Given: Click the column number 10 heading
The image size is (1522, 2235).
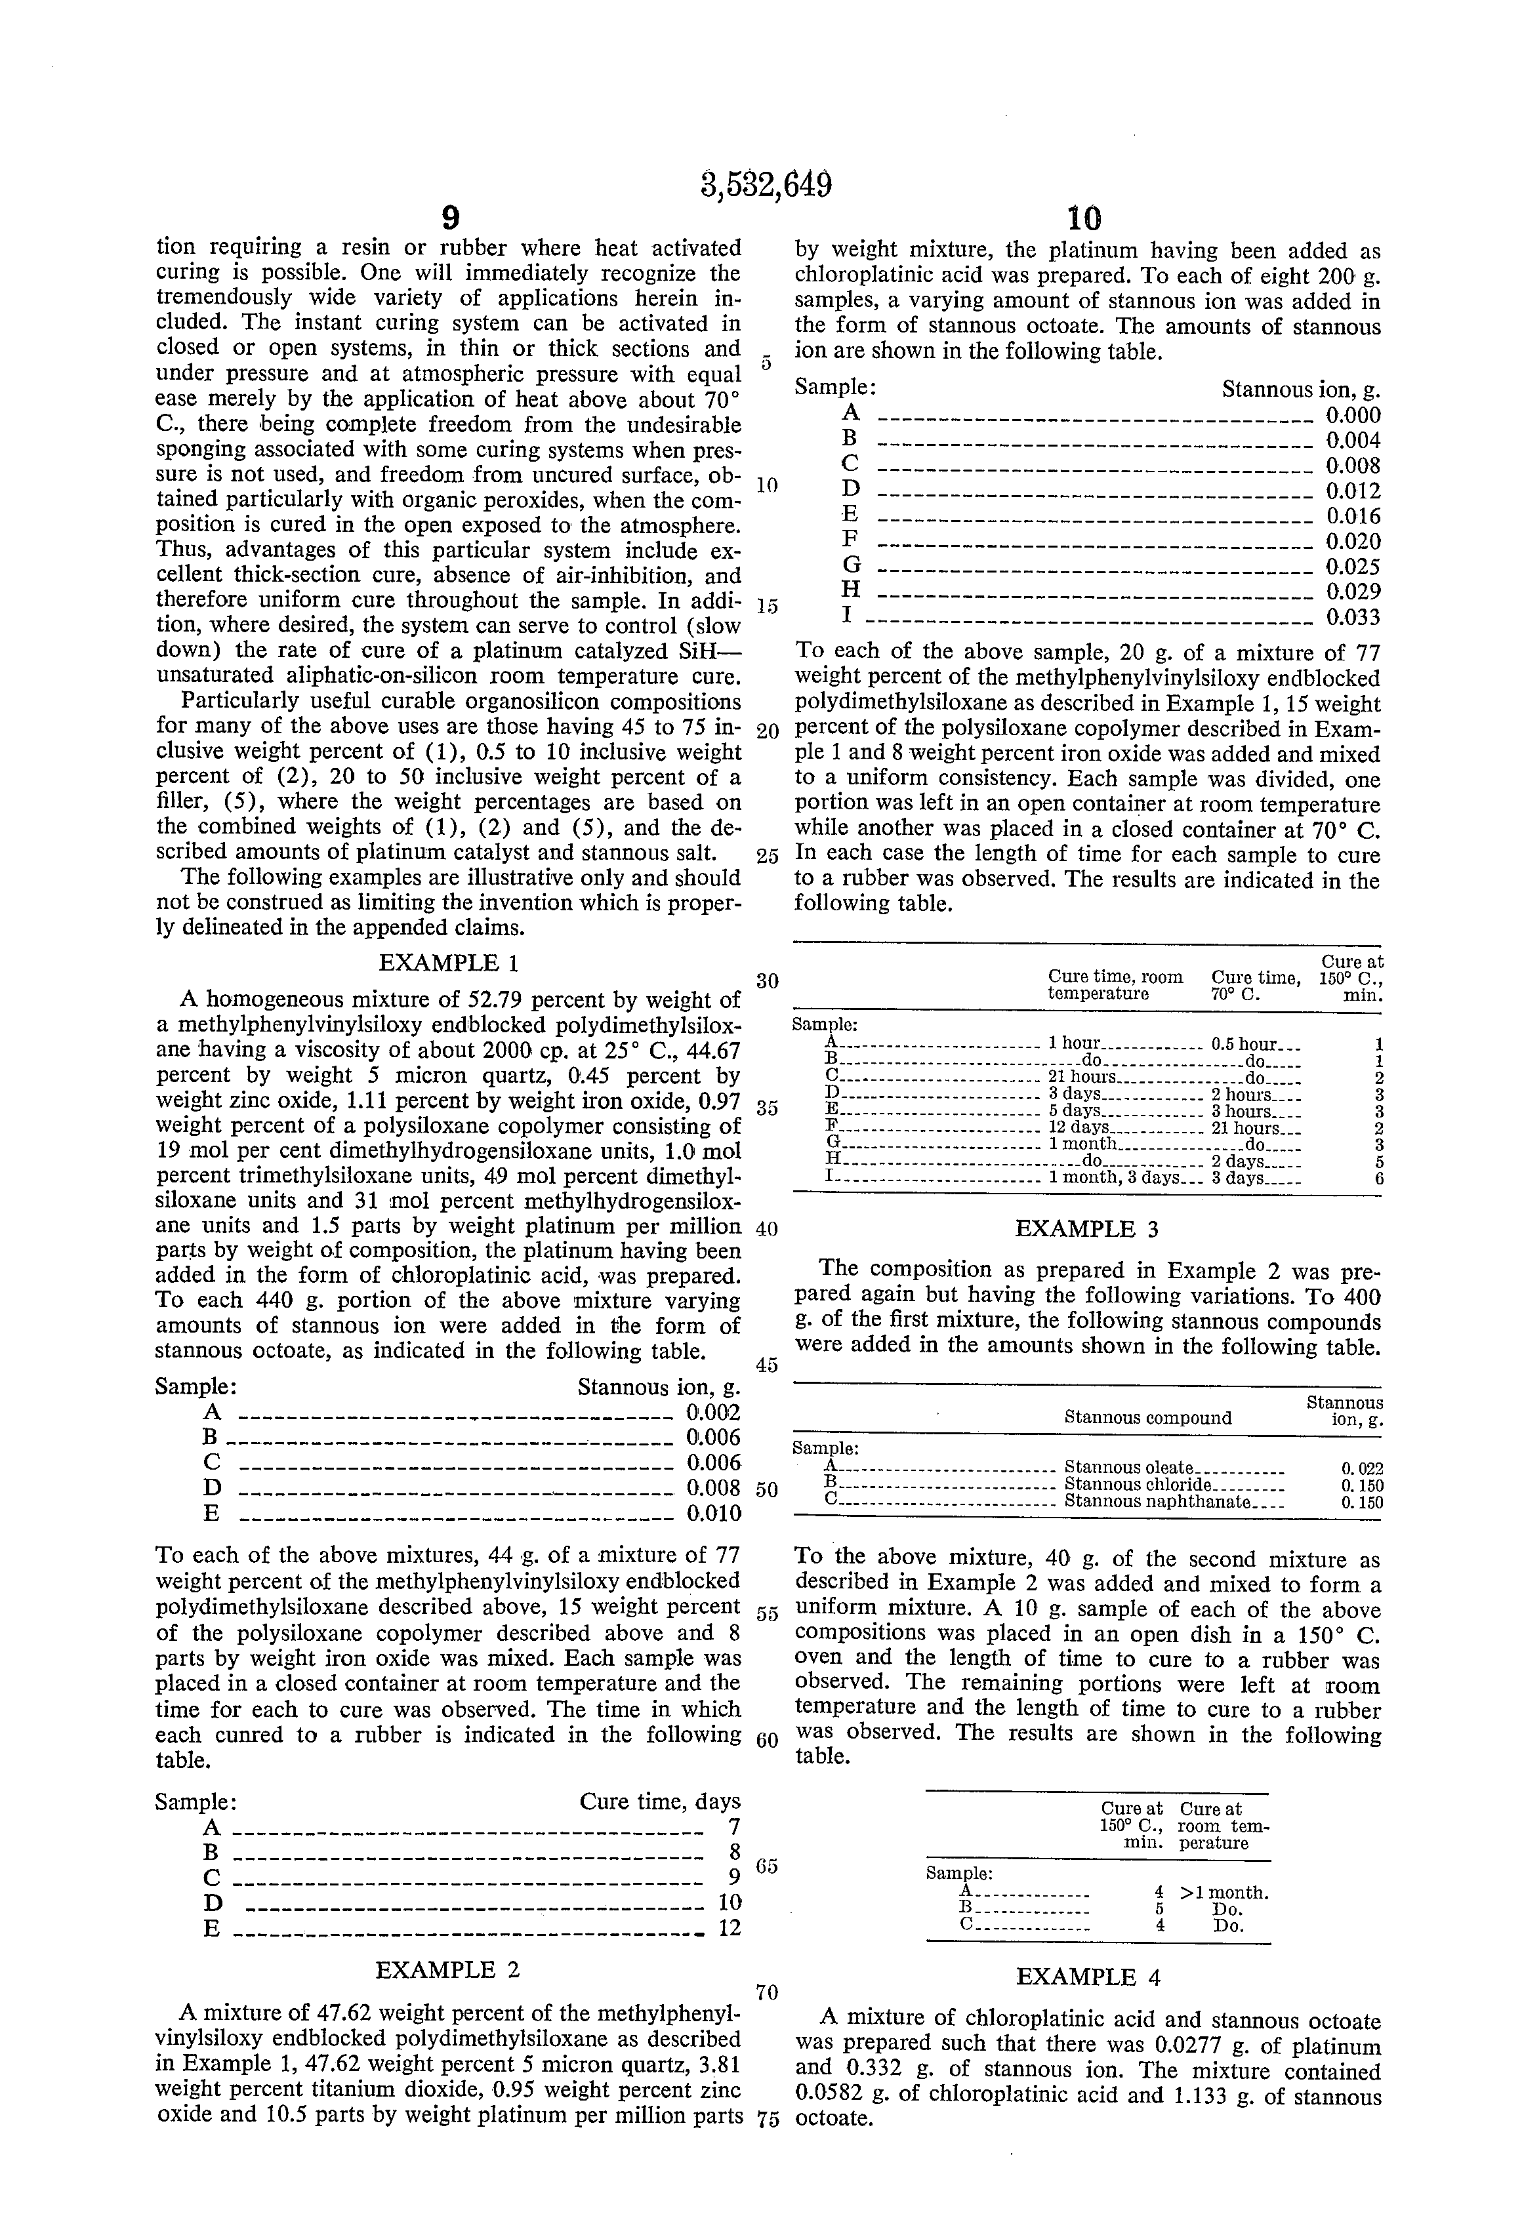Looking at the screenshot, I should click(1084, 217).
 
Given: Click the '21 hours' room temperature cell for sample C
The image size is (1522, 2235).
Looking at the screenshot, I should click(1081, 1077).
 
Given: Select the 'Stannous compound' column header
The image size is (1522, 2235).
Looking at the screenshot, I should click(1147, 1418).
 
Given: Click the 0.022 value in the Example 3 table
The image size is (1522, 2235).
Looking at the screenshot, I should click(1363, 1468).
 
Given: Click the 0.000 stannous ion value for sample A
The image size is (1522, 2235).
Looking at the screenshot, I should click(1353, 416).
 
